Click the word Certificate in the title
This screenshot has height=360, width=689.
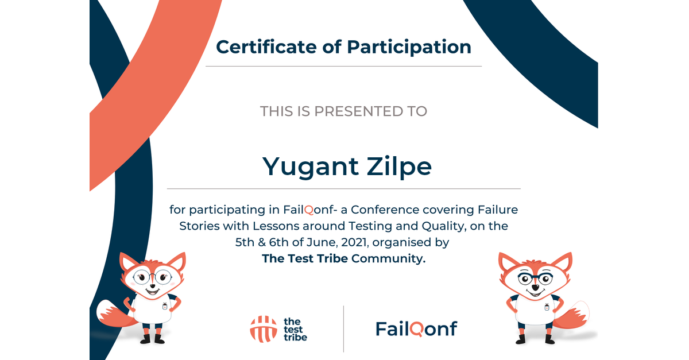(266, 47)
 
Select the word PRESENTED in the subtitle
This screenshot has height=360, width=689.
(358, 111)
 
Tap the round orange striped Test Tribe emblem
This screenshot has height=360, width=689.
(264, 329)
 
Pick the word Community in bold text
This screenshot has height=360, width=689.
(388, 259)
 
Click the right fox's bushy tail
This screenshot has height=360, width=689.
(572, 315)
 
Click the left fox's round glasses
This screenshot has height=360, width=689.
(152, 277)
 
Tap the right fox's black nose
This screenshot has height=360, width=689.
(536, 288)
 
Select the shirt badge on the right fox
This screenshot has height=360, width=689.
(547, 307)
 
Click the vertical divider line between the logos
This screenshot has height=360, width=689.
(343, 328)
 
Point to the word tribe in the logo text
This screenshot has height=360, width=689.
(295, 338)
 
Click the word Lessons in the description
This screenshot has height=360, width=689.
(276, 226)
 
